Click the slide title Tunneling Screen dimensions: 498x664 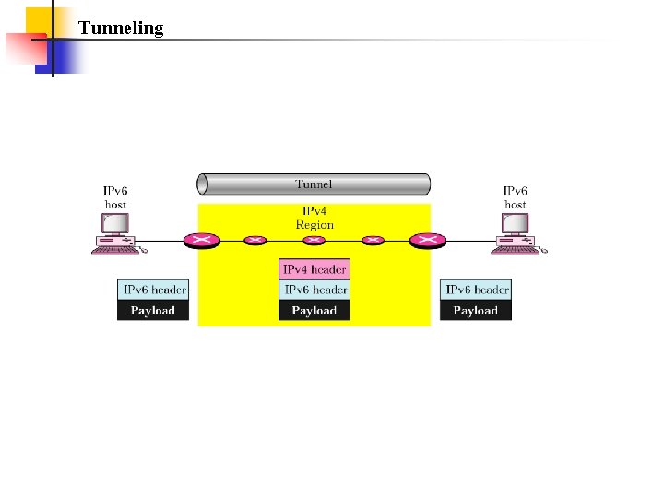(121, 28)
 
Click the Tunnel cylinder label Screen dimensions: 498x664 (314, 184)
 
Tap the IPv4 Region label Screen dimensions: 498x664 (314, 219)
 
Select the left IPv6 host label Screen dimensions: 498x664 (115, 197)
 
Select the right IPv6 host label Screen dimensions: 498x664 (516, 197)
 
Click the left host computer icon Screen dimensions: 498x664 (115, 233)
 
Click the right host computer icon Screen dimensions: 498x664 (516, 233)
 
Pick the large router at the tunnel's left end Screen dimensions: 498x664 (200, 241)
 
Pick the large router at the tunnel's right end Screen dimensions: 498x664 (426, 241)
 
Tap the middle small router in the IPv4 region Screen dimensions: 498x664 (314, 241)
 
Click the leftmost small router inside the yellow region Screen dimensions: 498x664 (255, 241)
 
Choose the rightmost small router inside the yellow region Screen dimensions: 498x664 (373, 241)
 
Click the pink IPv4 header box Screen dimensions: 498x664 (314, 269)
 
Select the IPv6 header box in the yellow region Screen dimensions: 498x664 (314, 290)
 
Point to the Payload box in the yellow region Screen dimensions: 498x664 (314, 311)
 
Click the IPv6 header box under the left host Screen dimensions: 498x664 (153, 290)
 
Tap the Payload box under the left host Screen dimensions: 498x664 (153, 311)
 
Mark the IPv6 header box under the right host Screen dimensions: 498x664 (476, 290)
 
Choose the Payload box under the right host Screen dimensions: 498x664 (476, 311)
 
